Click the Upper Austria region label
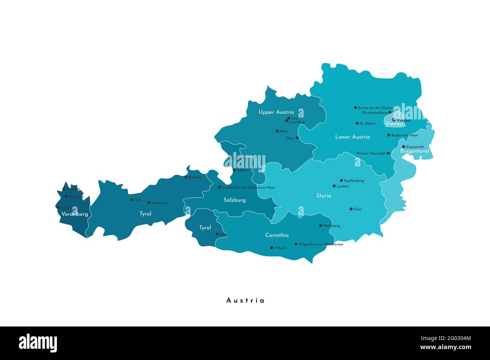276,112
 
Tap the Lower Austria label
352,137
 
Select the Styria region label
323,196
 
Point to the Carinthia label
277,235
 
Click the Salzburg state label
234,200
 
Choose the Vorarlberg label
75,214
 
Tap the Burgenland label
414,151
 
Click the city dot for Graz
351,209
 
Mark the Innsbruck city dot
149,203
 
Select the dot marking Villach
271,248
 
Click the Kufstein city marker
186,177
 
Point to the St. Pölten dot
357,123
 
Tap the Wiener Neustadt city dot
388,153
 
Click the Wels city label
284,131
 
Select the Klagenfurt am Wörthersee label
320,244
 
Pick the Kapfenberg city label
354,181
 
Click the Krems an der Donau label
375,108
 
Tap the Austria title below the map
245,301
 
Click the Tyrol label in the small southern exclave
205,228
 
